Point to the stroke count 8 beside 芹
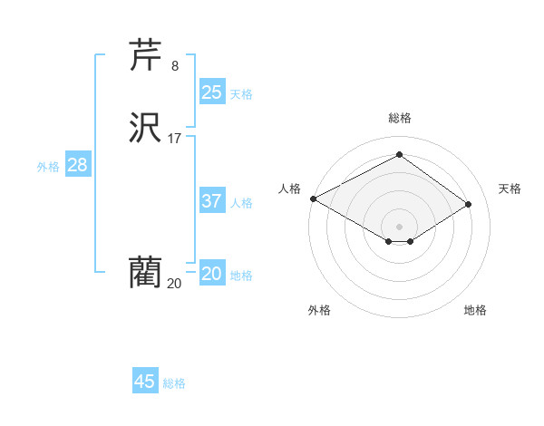coord(175,65)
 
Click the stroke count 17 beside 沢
coord(175,139)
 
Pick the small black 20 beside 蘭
coord(174,284)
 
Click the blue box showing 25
coord(212,92)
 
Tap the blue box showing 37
coord(212,201)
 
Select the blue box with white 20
coord(212,274)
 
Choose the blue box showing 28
coord(77,165)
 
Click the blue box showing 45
coord(145,382)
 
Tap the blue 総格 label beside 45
coord(174,383)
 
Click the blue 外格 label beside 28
coord(48,167)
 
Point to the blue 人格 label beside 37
coord(241,203)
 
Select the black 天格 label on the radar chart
coord(510,189)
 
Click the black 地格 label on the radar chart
coord(475,310)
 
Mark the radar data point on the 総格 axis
coord(399,155)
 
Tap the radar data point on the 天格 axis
coord(469,204)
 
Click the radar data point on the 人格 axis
coord(313,198)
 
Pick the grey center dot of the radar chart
coord(399,226)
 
